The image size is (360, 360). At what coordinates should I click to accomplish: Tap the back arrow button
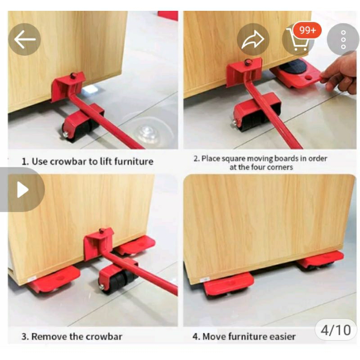pos(24,39)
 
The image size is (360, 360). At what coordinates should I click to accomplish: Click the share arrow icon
pos(253,40)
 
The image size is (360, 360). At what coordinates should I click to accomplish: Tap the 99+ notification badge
pos(308,30)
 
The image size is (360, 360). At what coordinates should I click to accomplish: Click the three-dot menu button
pos(343,40)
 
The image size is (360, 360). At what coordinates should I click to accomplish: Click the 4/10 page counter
pos(336,330)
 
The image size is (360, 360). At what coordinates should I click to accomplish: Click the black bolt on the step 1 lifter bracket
pos(73,76)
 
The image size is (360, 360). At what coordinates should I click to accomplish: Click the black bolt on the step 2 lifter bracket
pos(247,62)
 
